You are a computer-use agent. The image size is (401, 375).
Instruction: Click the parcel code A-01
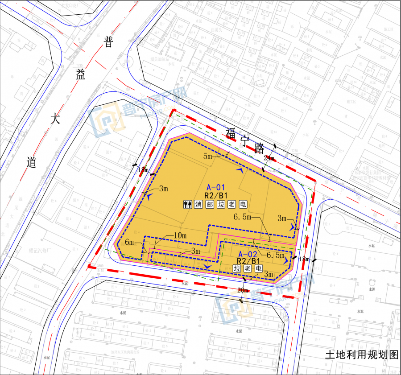click(216, 187)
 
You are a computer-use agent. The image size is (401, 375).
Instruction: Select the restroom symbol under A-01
click(187, 204)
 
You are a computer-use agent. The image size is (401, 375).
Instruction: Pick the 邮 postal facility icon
click(210, 204)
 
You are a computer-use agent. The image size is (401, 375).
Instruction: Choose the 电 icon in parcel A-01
click(243, 204)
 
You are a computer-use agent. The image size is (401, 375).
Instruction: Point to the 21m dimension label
click(269, 159)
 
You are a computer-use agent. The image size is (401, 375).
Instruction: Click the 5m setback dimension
click(208, 156)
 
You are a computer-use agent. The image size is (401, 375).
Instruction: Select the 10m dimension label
click(180, 235)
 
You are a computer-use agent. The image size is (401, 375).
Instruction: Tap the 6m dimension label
click(129, 242)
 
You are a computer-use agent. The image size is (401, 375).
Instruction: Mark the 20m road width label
click(243, 290)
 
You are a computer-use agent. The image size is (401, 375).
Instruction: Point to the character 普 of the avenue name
click(109, 42)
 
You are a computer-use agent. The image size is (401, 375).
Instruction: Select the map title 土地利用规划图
click(361, 355)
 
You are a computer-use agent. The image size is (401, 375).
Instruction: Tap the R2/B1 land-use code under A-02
click(248, 261)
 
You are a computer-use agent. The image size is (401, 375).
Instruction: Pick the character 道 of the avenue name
click(31, 162)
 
